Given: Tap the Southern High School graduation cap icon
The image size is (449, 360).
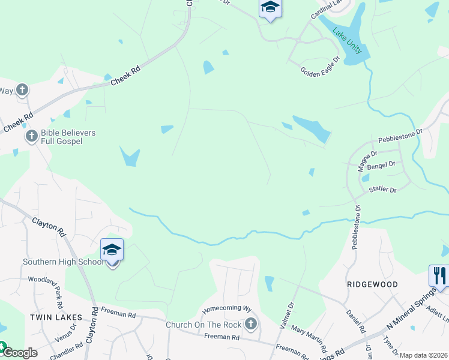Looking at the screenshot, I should [x=112, y=250].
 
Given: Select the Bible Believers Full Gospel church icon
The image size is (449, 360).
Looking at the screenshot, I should [x=32, y=137].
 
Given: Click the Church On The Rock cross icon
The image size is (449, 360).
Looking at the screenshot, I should [x=251, y=325].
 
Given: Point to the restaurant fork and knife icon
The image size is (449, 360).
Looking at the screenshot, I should [x=439, y=276].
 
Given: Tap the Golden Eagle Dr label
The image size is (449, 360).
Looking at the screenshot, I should [x=320, y=65].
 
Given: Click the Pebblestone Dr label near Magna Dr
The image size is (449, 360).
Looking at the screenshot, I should [x=400, y=135].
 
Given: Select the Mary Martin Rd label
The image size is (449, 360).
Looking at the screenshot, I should [x=309, y=339].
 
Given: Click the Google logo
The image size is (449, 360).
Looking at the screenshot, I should [x=19, y=353].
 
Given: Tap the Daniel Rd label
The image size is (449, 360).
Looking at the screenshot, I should [x=355, y=321].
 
